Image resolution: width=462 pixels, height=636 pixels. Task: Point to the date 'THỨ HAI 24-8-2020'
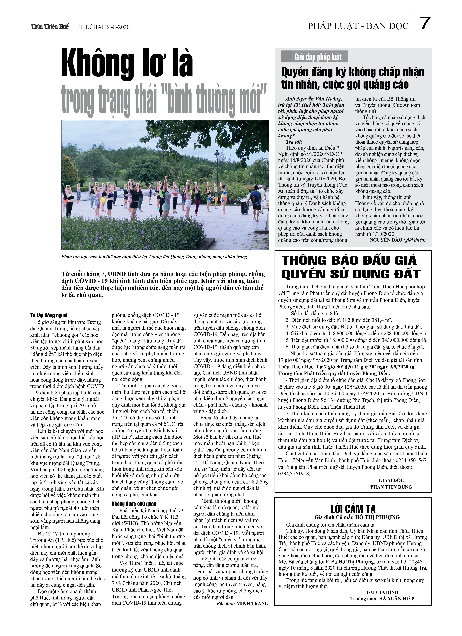pyautogui.click(x=104, y=27)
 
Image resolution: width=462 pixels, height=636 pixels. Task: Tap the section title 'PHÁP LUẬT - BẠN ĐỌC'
pyautogui.click(x=358, y=26)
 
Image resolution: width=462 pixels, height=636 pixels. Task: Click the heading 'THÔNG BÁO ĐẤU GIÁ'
pyautogui.click(x=349, y=261)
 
